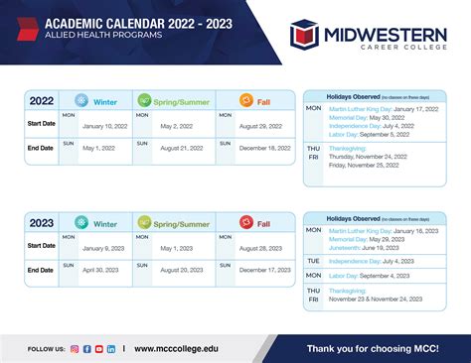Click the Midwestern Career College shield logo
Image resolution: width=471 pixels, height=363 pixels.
307,35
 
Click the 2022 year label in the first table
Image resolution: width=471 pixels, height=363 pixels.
41,100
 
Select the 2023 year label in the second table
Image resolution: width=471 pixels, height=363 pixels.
41,223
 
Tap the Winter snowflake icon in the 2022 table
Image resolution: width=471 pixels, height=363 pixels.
81,100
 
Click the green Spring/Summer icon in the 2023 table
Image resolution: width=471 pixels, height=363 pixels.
144,223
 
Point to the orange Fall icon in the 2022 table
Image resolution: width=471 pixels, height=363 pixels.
247,100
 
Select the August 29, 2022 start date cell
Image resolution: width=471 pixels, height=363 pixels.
264,126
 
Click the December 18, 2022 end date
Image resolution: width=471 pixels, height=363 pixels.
264,148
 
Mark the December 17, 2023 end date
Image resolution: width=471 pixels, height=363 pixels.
264,270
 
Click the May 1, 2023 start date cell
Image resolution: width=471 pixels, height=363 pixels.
183,248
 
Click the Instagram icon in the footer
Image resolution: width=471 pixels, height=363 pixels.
75,349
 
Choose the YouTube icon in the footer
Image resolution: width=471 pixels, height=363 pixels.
98,349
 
